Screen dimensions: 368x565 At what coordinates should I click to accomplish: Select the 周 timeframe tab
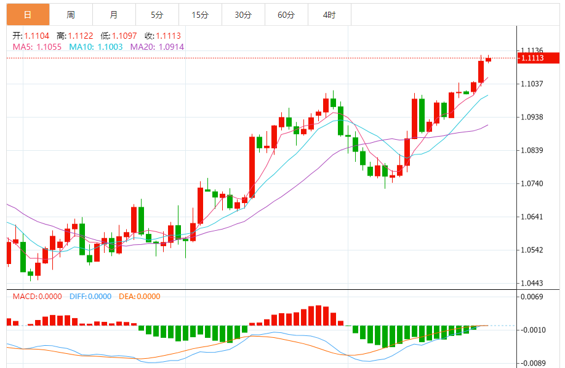pyautogui.click(x=71, y=15)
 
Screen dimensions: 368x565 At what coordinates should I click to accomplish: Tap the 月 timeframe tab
pyautogui.click(x=114, y=15)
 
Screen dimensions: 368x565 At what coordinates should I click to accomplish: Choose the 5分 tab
pyautogui.click(x=157, y=15)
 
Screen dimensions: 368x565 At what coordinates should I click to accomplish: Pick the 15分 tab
pyautogui.click(x=200, y=15)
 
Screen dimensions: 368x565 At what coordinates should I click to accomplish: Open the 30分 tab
pyautogui.click(x=243, y=15)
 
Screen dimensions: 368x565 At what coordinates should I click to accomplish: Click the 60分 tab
pyautogui.click(x=286, y=15)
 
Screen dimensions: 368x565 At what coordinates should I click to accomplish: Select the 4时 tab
pyautogui.click(x=329, y=15)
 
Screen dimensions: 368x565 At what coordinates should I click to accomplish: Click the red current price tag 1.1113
pyautogui.click(x=539, y=58)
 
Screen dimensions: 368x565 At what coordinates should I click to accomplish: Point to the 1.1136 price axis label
pyautogui.click(x=532, y=50)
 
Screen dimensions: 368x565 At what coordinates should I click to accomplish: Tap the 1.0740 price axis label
pyautogui.click(x=532, y=183)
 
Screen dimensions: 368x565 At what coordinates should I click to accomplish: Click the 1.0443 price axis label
pyautogui.click(x=532, y=283)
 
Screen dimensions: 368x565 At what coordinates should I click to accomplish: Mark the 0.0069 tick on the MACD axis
pyautogui.click(x=532, y=297)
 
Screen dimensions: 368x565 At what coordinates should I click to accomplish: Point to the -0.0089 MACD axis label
pyautogui.click(x=531, y=363)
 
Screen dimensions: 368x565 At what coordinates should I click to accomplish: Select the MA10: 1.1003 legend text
pyautogui.click(x=96, y=47)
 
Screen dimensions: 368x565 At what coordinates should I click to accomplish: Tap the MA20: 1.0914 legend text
pyautogui.click(x=157, y=47)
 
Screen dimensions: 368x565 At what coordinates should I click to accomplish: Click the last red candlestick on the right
pyautogui.click(x=488, y=59)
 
